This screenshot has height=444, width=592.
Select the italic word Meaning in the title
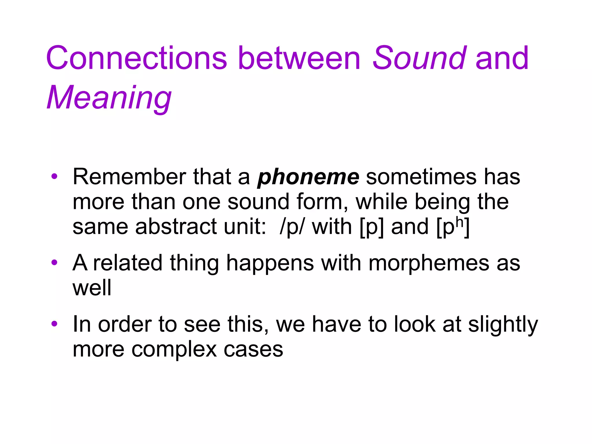(109, 98)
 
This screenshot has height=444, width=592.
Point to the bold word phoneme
(308, 177)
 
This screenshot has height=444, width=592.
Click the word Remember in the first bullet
(129, 177)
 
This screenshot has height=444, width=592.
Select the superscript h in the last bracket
(459, 221)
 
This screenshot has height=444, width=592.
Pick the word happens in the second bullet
(270, 264)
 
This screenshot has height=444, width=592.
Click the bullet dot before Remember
(54, 176)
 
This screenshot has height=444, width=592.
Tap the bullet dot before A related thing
(54, 262)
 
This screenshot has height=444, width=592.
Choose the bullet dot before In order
(54, 324)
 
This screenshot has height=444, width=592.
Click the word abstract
(176, 227)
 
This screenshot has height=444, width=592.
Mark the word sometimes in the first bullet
(421, 177)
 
